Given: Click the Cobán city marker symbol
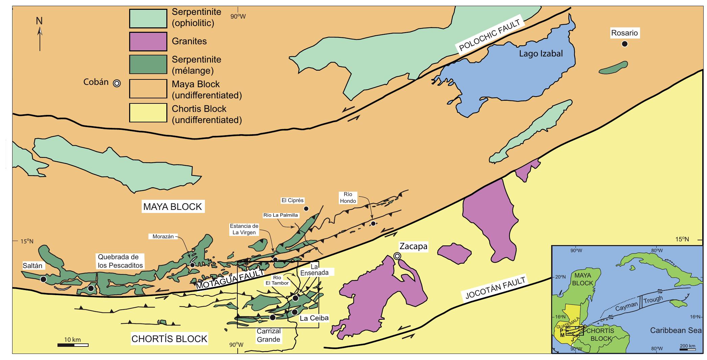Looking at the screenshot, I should (117, 83).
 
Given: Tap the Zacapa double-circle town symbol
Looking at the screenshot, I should (398, 256).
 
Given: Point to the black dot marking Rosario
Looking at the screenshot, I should (624, 44).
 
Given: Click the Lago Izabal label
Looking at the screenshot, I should (541, 54).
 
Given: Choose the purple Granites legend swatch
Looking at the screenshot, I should (148, 41).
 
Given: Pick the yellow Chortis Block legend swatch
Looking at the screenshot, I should (148, 113).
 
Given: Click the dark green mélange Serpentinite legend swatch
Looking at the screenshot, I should (148, 65).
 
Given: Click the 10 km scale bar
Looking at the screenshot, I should (73, 345).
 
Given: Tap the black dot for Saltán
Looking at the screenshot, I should (43, 279).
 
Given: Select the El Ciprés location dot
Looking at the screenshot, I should (306, 209).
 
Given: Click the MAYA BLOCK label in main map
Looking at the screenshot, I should (172, 207).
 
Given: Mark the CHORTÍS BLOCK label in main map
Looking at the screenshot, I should (169, 339).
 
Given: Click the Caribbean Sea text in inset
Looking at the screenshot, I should (676, 330).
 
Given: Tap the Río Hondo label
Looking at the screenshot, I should (348, 198).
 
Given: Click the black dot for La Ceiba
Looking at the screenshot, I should (294, 312).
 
